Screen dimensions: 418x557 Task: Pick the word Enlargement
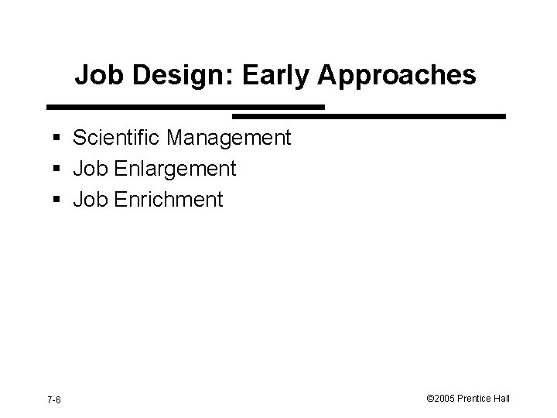point(175,170)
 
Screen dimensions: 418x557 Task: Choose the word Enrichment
point(168,200)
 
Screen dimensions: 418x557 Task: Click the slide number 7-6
point(54,399)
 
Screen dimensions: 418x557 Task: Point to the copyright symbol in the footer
point(429,399)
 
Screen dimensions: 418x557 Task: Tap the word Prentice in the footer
point(477,399)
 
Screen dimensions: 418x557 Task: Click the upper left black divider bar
point(186,106)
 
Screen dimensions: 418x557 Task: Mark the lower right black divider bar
point(369,116)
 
